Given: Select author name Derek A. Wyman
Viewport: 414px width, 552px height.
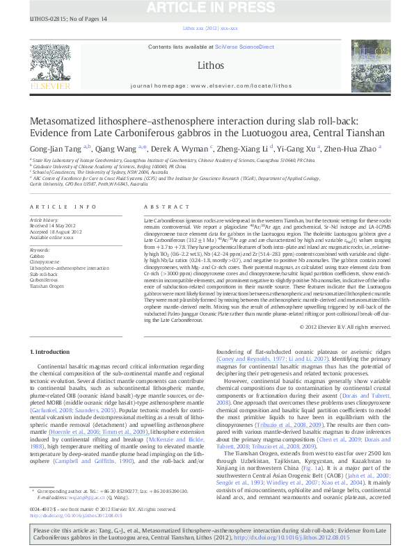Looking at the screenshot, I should [177, 147].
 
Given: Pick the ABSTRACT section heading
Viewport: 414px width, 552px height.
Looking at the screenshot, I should [157, 207].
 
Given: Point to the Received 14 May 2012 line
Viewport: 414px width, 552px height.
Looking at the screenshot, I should [53, 225].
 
